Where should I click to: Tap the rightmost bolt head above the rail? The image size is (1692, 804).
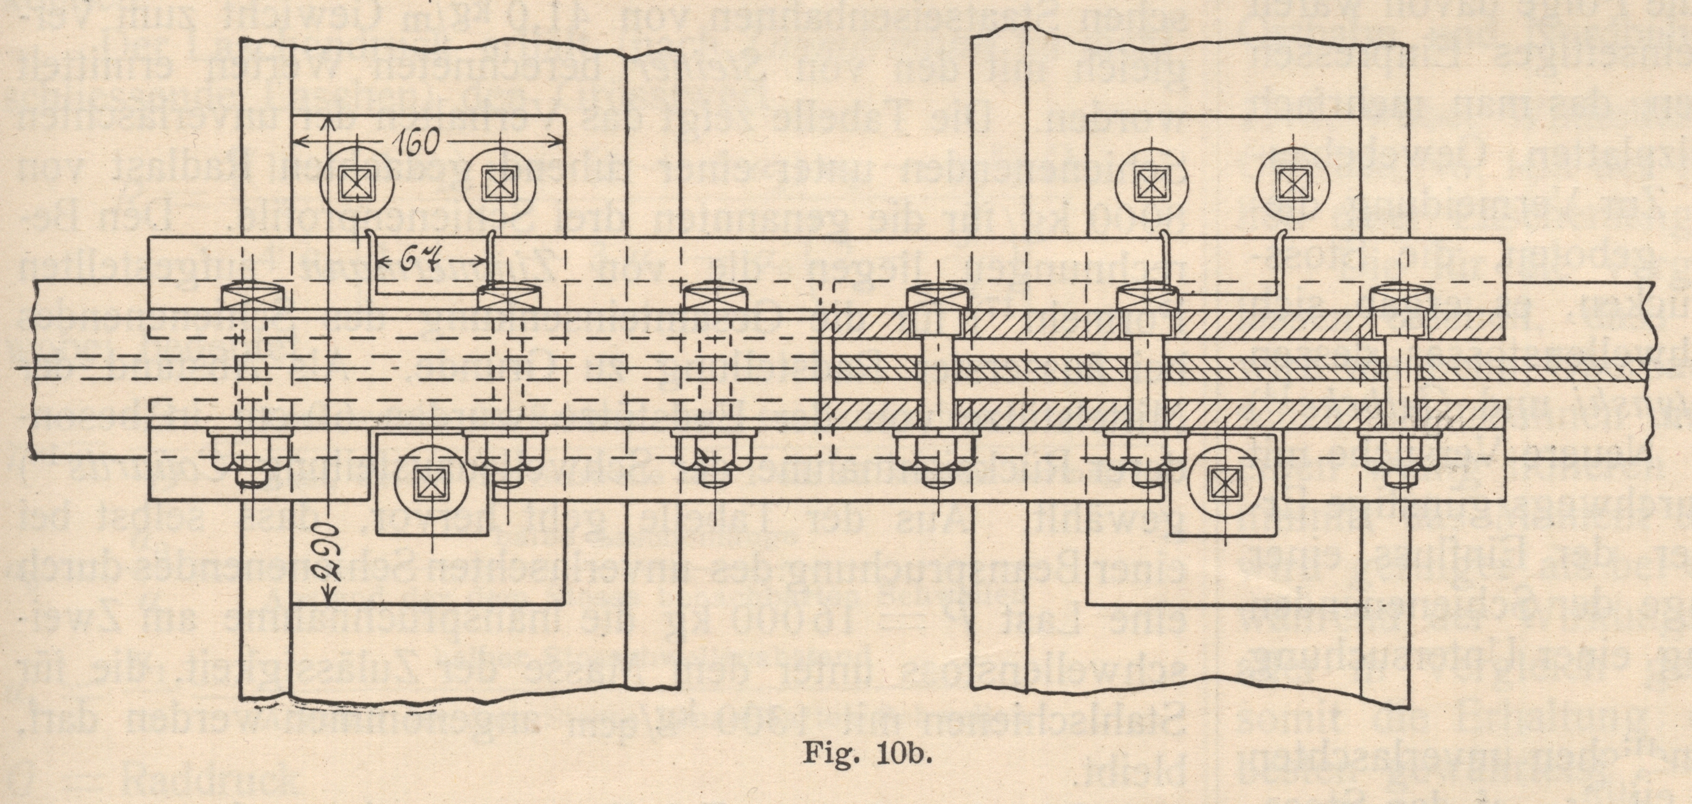click(1398, 302)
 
